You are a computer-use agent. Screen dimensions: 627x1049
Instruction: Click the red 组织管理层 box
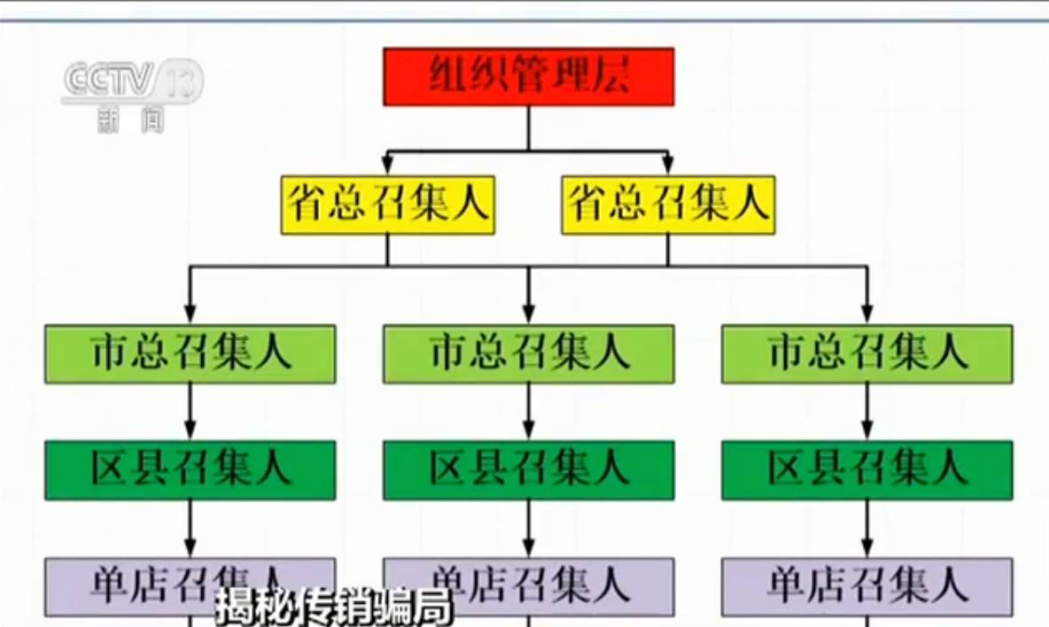[528, 76]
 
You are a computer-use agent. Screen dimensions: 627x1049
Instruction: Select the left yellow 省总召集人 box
[387, 205]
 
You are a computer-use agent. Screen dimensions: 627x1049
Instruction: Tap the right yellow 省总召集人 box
[668, 205]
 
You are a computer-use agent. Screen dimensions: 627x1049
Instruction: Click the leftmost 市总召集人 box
[190, 353]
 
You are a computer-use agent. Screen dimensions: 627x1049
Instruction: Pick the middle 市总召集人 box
[528, 353]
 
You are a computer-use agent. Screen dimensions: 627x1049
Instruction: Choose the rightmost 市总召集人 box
[866, 353]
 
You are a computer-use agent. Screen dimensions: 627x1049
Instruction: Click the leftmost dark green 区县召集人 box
[190, 469]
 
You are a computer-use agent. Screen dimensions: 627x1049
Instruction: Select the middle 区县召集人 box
[528, 469]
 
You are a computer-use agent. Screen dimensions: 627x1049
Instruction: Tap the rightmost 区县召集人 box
[866, 469]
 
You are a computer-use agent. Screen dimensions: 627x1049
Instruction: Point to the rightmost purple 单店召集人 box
[866, 585]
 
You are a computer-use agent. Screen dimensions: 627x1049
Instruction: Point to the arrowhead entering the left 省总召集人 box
[387, 166]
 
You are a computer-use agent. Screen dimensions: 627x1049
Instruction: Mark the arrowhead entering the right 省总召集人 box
[668, 166]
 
